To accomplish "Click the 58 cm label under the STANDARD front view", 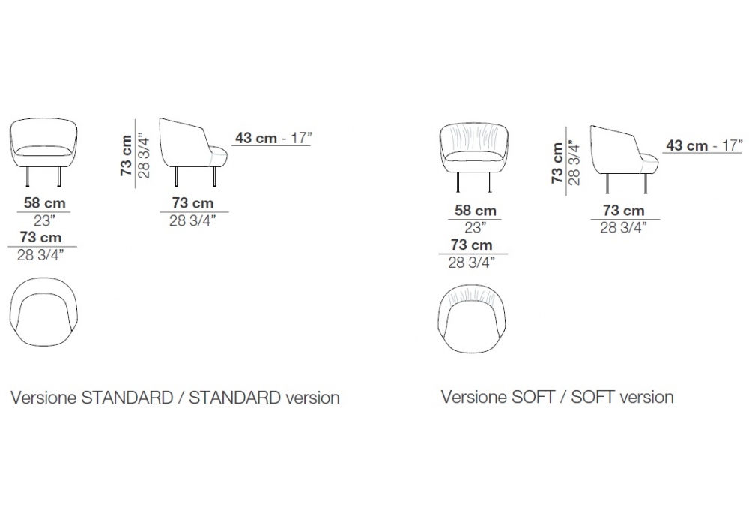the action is [44, 202].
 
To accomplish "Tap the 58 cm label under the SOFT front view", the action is [476, 211].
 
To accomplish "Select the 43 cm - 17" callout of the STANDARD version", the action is [273, 138].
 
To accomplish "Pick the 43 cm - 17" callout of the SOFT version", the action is [704, 145].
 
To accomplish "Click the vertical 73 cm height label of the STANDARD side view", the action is [126, 155].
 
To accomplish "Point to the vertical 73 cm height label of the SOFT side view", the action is [557, 163].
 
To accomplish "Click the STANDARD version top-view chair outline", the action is [43, 311].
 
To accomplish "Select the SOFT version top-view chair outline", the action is [472, 319].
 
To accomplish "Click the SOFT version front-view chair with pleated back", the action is [474, 157].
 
